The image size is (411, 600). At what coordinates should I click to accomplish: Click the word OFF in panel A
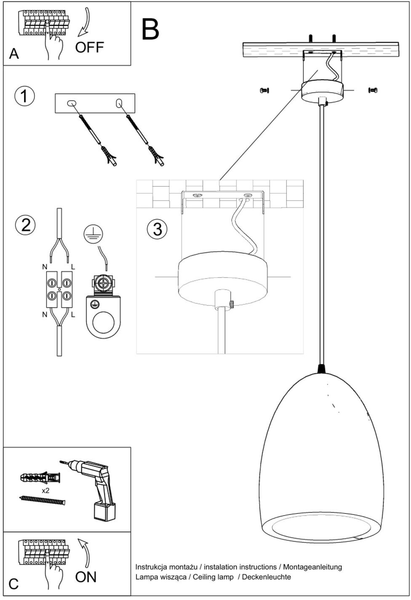[89, 47]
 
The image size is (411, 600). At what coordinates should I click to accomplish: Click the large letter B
[150, 29]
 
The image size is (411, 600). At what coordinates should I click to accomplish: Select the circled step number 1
[24, 96]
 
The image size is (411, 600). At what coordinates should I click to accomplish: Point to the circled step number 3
[157, 229]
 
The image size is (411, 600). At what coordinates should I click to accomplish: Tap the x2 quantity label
[46, 490]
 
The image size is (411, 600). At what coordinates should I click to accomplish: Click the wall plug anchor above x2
[40, 477]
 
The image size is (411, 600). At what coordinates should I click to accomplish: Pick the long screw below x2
[42, 501]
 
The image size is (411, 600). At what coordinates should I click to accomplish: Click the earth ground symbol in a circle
[93, 233]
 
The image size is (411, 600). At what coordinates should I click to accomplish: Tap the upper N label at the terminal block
[45, 267]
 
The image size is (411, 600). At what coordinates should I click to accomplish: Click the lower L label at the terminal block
[73, 314]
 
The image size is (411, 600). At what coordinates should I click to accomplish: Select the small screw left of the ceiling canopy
[264, 91]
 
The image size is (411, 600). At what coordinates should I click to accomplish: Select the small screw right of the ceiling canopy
[373, 90]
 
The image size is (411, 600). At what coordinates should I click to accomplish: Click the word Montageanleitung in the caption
[312, 567]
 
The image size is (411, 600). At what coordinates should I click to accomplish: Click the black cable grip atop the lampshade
[322, 369]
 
